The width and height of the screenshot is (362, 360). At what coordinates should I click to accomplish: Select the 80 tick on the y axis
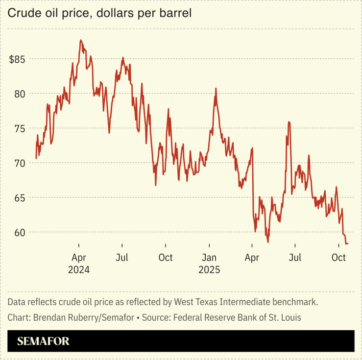click(20, 94)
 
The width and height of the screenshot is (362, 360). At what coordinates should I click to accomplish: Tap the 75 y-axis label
click(20, 128)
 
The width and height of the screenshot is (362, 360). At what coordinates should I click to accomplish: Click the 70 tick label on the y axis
click(20, 163)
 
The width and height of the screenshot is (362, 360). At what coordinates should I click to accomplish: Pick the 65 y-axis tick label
click(20, 197)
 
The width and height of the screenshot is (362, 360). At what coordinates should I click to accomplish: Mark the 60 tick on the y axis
click(20, 232)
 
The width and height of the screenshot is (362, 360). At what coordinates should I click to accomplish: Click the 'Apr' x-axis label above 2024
click(79, 258)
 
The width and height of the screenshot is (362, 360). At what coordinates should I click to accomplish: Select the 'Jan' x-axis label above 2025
click(209, 258)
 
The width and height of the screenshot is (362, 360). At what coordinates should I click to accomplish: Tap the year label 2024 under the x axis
click(79, 269)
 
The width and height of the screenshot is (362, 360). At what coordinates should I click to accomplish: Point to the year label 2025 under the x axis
click(209, 269)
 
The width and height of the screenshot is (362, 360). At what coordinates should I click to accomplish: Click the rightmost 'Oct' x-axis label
click(338, 258)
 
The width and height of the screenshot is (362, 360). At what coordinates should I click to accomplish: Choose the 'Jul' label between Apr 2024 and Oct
click(122, 258)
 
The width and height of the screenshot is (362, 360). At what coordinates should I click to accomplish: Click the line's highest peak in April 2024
click(80, 40)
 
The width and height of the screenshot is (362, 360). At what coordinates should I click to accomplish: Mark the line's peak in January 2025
click(216, 89)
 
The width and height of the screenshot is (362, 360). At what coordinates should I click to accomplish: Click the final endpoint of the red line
click(347, 243)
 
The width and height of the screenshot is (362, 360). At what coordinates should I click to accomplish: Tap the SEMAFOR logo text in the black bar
click(43, 341)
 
